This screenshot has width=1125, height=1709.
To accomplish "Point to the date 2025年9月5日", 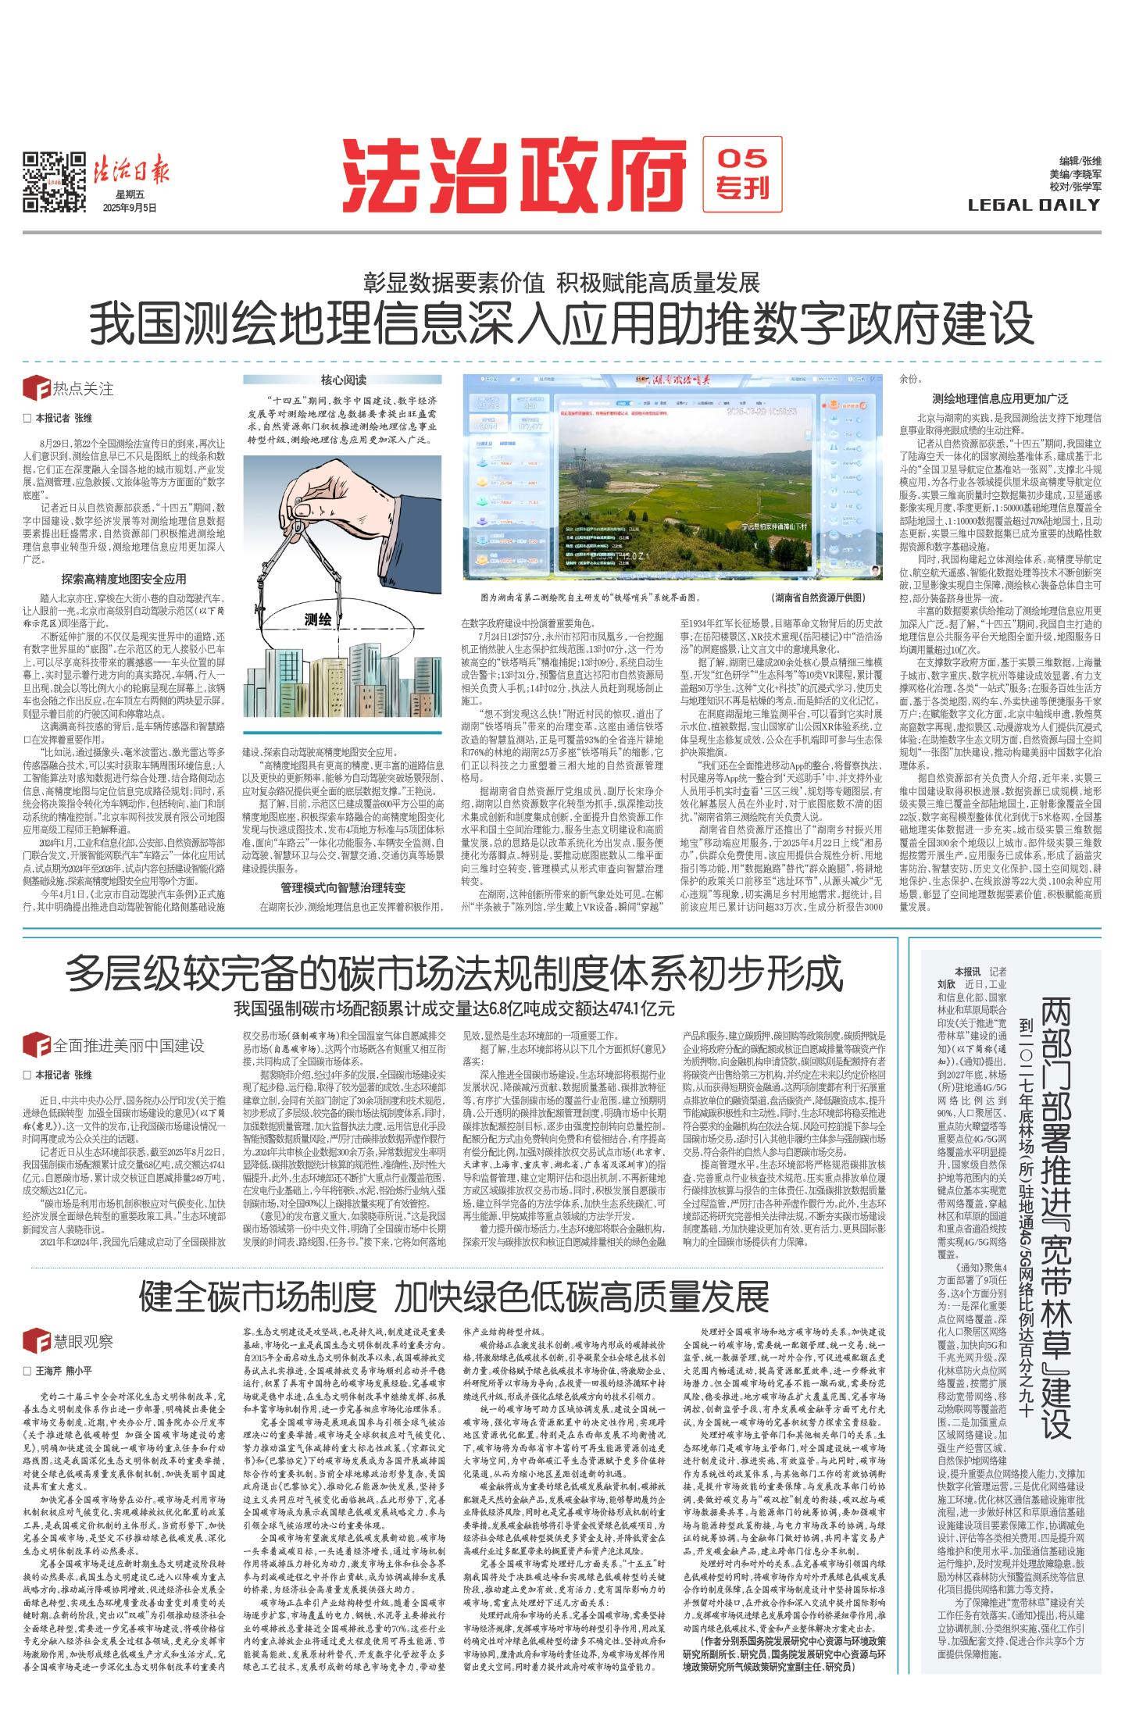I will coord(130,208).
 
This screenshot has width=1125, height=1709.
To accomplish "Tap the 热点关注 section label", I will coord(83,388).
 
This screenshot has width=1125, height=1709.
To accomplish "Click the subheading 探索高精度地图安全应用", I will coord(124,579).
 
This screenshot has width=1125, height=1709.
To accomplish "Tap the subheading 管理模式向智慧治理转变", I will coord(343,887).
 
